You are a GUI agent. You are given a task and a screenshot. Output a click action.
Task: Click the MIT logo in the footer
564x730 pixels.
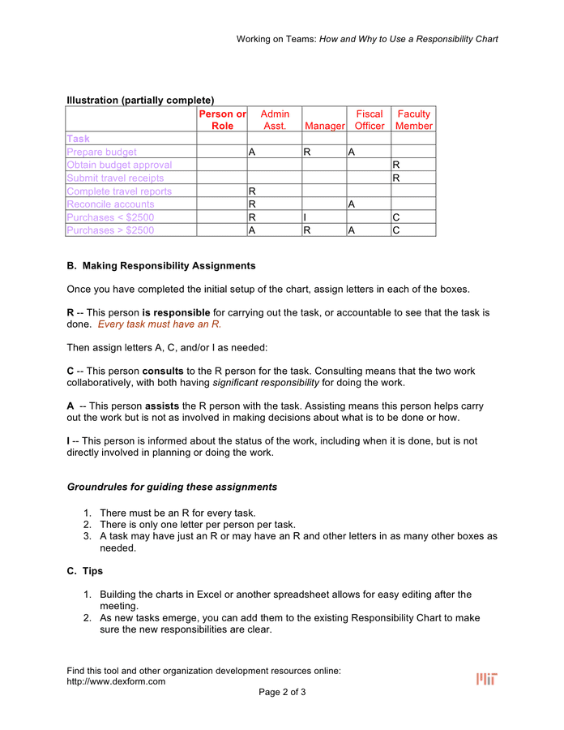pyautogui.click(x=486, y=679)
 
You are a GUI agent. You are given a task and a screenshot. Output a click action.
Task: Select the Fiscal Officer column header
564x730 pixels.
pyautogui.click(x=370, y=120)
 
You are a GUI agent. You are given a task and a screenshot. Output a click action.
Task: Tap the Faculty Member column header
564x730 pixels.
pyautogui.click(x=413, y=120)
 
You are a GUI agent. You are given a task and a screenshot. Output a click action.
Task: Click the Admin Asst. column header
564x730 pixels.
pyautogui.click(x=275, y=120)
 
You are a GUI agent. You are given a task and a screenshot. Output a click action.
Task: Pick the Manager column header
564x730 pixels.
pyautogui.click(x=324, y=126)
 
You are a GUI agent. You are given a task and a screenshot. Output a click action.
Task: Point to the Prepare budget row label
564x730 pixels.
pyautogui.click(x=102, y=152)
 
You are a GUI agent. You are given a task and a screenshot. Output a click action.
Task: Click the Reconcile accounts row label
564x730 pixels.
pyautogui.click(x=110, y=204)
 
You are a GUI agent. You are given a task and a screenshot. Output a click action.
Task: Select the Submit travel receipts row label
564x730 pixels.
pyautogui.click(x=115, y=178)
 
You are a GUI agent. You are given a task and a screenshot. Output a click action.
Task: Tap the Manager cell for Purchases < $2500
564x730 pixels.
pyautogui.click(x=324, y=217)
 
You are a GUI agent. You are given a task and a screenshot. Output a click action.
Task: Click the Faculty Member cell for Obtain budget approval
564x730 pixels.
pyautogui.click(x=413, y=165)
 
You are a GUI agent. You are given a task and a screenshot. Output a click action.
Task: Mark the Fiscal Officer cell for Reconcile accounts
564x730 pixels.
pyautogui.click(x=369, y=204)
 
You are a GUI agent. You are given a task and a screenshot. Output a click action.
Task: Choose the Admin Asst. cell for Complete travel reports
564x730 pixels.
pyautogui.click(x=275, y=191)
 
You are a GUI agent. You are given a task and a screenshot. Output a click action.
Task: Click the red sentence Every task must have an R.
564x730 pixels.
pyautogui.click(x=160, y=324)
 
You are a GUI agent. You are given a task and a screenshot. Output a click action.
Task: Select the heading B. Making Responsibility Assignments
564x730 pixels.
pyautogui.click(x=161, y=266)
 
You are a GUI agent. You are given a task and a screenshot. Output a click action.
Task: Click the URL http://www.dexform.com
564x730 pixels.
pyautogui.click(x=116, y=681)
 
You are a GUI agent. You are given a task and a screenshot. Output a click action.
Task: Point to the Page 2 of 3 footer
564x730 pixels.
pyautogui.click(x=282, y=692)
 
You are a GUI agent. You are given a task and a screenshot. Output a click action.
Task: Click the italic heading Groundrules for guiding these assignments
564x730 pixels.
pyautogui.click(x=172, y=487)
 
